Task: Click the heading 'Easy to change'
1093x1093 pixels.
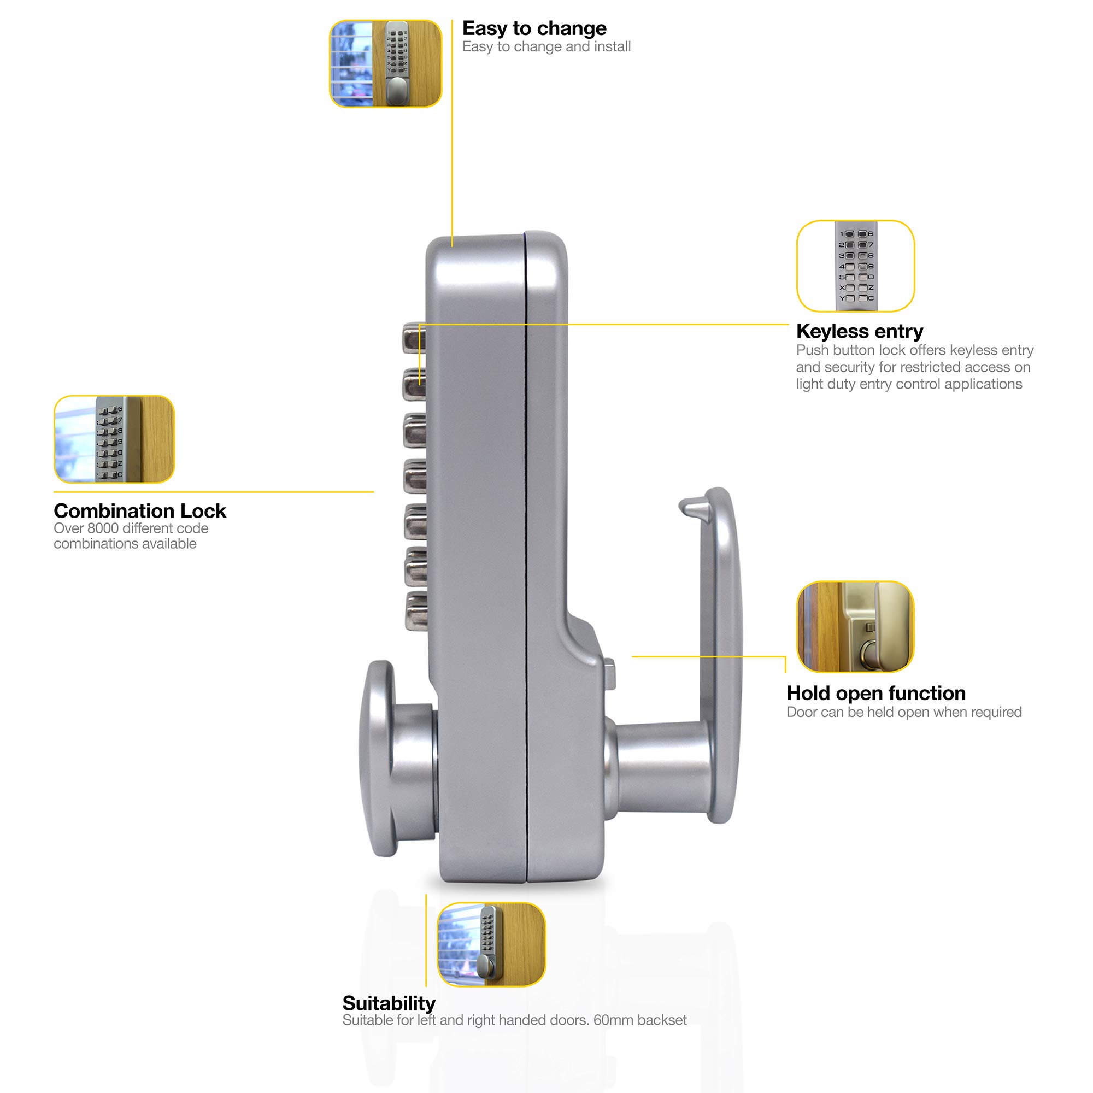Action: coord(534,28)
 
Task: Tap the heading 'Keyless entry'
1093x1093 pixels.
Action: coord(859,331)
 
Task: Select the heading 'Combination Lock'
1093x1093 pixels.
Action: coord(140,511)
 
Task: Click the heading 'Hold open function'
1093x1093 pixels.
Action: coord(875,693)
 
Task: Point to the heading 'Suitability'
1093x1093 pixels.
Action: coord(389,1003)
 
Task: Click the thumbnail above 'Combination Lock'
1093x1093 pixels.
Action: coord(114,439)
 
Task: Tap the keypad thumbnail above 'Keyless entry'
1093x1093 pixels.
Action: coord(855,266)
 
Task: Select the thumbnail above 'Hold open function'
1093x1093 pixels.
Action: coord(855,626)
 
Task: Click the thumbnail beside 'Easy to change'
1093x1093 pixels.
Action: coord(385,63)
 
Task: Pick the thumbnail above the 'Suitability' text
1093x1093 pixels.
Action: coord(491,944)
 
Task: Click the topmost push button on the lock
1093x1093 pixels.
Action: coord(414,338)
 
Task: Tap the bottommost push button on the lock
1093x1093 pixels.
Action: coord(417,610)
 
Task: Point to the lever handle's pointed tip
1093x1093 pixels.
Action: coord(685,503)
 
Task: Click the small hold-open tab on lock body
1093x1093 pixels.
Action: coord(609,673)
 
